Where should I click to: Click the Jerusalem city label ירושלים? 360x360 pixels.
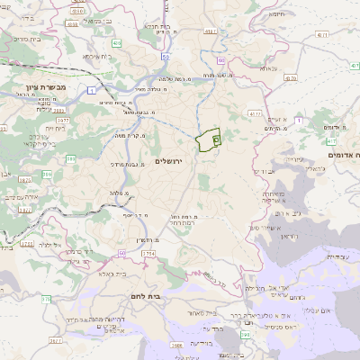[168, 161]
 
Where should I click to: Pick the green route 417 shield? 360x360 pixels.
[331, 141]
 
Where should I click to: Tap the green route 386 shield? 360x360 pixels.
[45, 159]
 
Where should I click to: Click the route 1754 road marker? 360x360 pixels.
[148, 255]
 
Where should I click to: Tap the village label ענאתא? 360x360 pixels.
[269, 68]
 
